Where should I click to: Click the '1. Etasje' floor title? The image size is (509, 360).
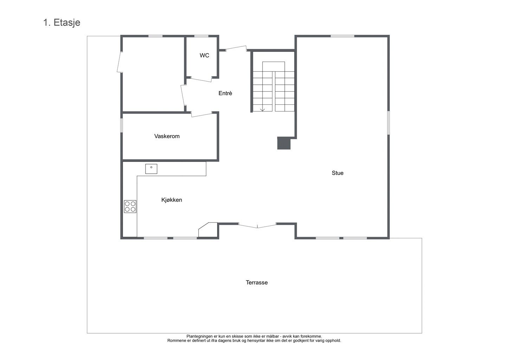[62, 23]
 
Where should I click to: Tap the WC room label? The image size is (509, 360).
[204, 55]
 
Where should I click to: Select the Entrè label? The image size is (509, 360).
[225, 93]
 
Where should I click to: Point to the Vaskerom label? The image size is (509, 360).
[167, 136]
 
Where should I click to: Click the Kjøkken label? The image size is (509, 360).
[172, 200]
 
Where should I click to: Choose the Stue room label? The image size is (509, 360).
[337, 173]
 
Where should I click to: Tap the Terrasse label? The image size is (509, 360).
[257, 283]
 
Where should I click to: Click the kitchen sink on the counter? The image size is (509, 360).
[151, 169]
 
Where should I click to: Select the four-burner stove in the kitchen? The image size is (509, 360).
[130, 206]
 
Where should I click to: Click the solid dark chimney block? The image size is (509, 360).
[284, 143]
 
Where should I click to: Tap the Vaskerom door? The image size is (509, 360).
[202, 115]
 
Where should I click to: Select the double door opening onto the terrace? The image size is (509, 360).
[257, 226]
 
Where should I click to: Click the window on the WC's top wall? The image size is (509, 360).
[201, 36]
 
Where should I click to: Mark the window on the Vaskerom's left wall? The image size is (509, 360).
[122, 125]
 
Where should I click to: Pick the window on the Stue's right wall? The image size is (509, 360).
[388, 123]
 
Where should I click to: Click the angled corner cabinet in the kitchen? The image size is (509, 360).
[208, 230]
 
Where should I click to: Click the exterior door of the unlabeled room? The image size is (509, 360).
[120, 62]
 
